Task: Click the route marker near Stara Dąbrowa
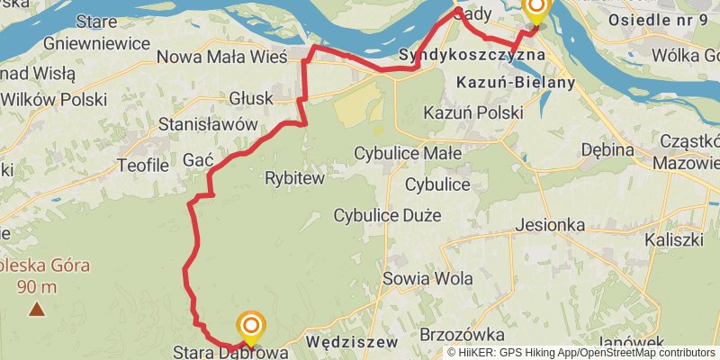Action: click(251, 326)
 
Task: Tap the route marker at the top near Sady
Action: click(535, 9)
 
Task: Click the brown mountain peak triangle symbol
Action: click(36, 310)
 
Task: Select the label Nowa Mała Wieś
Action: click(221, 57)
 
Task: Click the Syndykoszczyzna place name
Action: click(472, 55)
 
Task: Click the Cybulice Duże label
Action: click(387, 215)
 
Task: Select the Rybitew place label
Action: click(294, 178)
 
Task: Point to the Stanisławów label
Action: click(208, 125)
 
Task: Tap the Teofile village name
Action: click(143, 165)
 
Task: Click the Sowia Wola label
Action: click(427, 278)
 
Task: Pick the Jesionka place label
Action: click(552, 225)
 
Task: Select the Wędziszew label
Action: click(352, 342)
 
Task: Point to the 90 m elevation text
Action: click(36, 288)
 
